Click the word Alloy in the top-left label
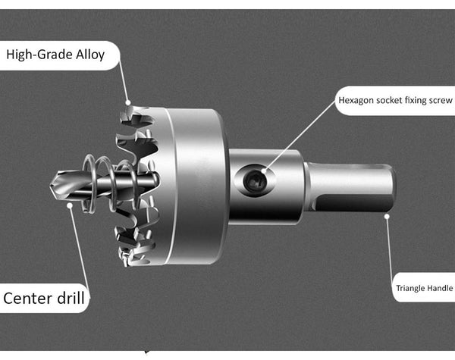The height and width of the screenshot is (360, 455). [90, 55]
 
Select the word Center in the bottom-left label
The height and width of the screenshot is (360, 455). [28, 298]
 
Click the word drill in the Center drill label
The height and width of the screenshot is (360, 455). [71, 298]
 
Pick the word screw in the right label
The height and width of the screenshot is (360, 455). [441, 100]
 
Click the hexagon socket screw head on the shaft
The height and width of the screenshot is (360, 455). [255, 182]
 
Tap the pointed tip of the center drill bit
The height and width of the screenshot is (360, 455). [51, 186]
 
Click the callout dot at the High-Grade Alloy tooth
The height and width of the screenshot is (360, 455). [128, 102]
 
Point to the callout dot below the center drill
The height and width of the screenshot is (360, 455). [70, 205]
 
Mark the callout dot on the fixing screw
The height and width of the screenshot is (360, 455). [263, 171]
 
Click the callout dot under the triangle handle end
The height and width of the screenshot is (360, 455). [387, 216]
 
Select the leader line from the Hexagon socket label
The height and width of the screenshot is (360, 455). [300, 136]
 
